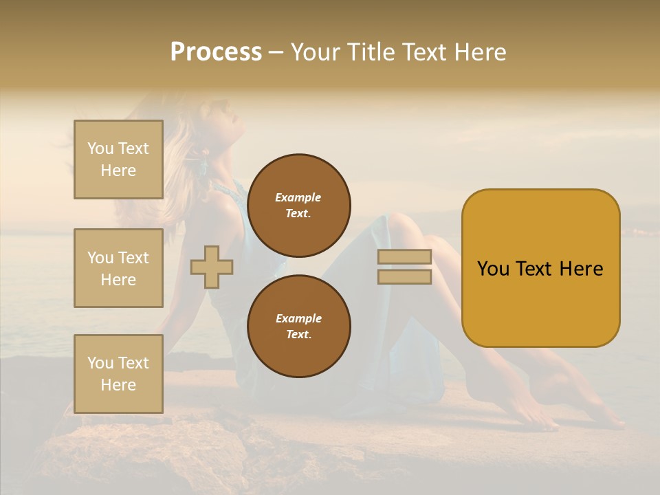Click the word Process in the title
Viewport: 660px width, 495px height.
click(216, 52)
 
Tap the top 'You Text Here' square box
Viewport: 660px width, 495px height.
click(118, 159)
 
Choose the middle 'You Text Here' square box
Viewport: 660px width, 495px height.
click(118, 268)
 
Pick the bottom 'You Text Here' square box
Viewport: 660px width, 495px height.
click(118, 374)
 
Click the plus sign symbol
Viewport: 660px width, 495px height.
click(212, 267)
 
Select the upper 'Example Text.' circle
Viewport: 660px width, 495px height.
click(298, 206)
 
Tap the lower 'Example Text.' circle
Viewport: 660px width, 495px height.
click(298, 327)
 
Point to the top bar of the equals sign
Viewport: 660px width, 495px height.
click(404, 257)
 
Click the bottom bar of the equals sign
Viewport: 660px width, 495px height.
click(404, 276)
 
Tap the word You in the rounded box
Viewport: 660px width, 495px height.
click(493, 269)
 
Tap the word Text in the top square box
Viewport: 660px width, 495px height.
click(133, 148)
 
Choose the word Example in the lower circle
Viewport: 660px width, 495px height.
click(298, 318)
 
